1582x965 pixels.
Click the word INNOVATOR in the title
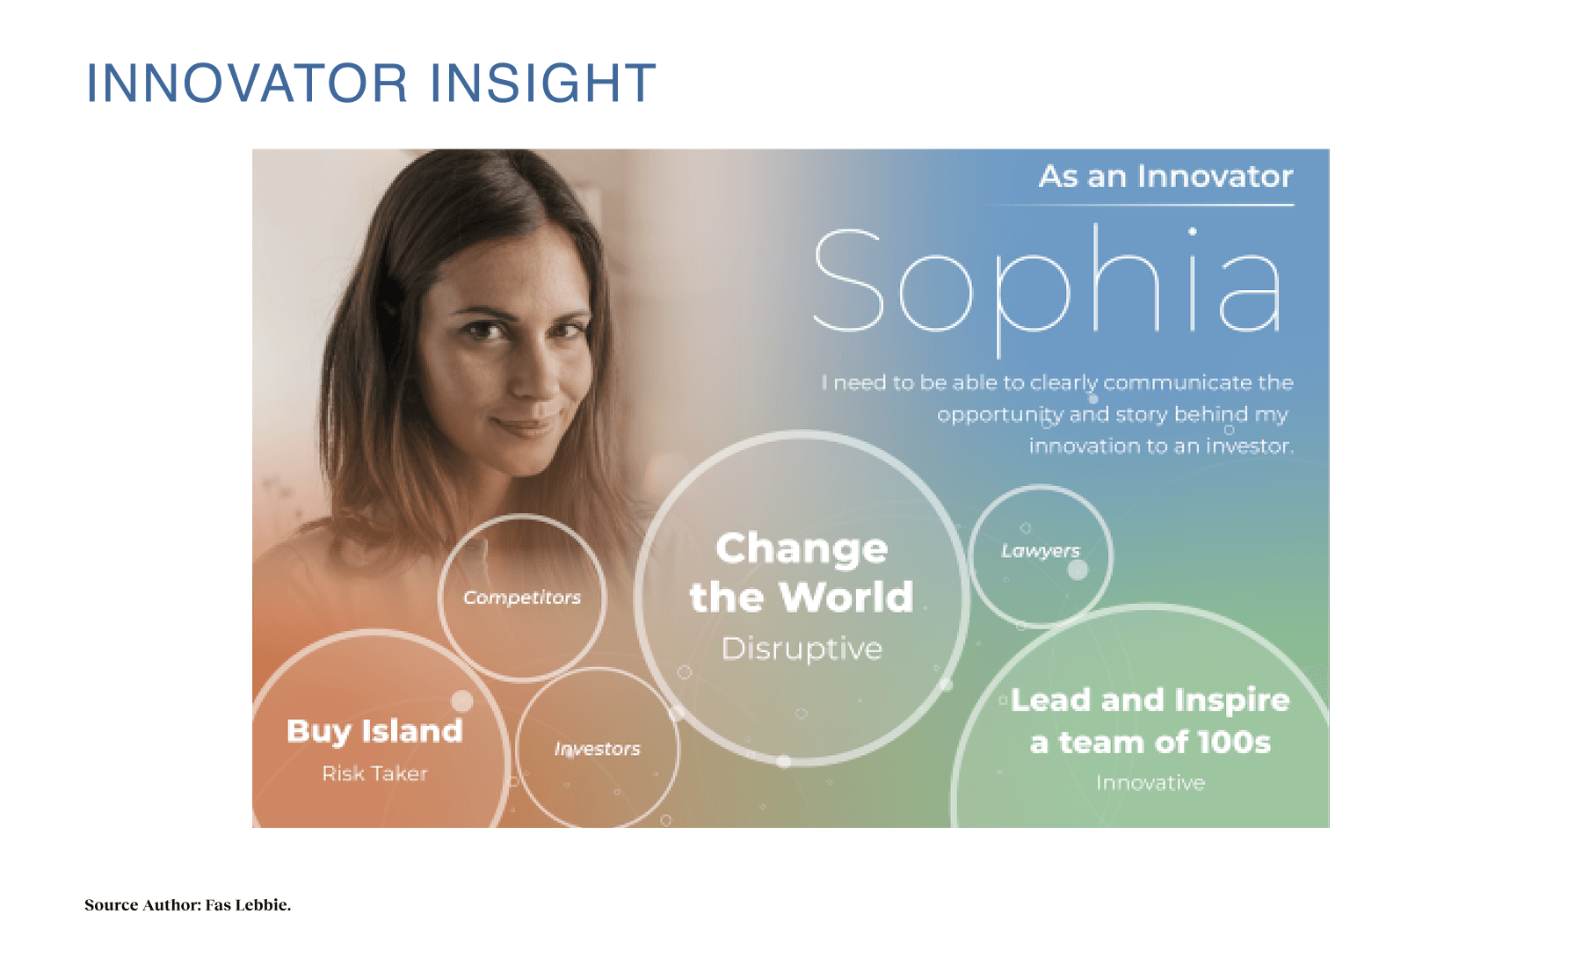tap(247, 83)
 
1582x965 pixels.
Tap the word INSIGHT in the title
tap(543, 83)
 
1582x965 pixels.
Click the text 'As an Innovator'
tap(1165, 177)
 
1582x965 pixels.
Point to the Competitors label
tap(522, 598)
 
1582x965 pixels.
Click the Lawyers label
tap(1041, 551)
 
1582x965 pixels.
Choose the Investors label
tap(598, 749)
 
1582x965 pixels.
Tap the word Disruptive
tap(802, 649)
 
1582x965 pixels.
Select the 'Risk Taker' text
tap(374, 773)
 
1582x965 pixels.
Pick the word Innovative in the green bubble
tap(1150, 782)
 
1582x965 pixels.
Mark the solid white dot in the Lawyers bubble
tap(1078, 570)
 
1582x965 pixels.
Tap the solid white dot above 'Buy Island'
tap(462, 700)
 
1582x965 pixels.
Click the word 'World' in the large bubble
tap(846, 598)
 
